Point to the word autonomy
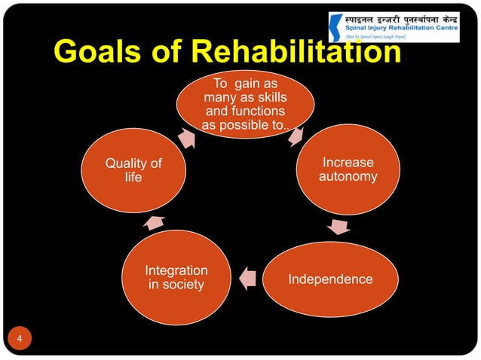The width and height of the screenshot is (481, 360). [348, 176]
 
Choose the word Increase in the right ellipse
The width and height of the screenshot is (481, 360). [348, 162]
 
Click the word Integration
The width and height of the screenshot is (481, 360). [176, 270]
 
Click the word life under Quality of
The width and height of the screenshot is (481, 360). [133, 177]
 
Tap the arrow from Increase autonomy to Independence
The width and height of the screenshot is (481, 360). [340, 226]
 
